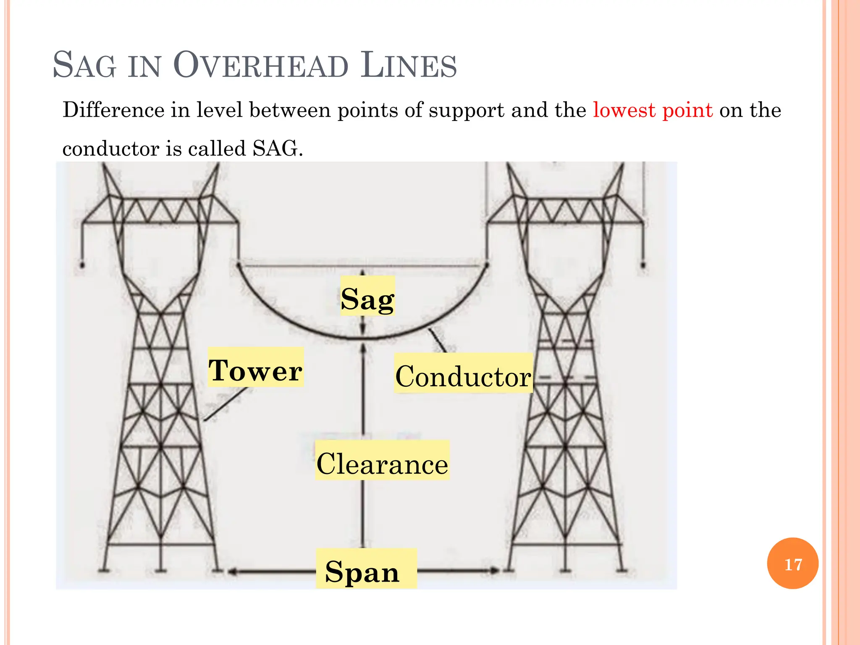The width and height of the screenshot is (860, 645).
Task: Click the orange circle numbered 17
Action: pos(792,564)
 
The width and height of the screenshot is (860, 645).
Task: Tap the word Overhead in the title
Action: pos(260,66)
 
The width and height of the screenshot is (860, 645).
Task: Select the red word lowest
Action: pos(624,110)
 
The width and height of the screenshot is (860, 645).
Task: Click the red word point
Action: pos(687,110)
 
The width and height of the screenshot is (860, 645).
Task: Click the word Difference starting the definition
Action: pos(113,110)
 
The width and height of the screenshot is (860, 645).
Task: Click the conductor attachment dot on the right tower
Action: pos(487,265)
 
